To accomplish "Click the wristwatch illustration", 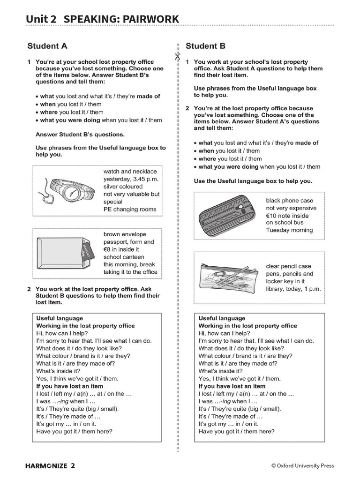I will pos(70,190).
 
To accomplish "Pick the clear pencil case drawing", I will pos(228,276).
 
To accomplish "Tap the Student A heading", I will pos(47,46).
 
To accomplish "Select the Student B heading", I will pos(205,46).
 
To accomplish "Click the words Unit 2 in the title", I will pos(41,19).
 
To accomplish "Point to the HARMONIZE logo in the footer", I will pos(49,465).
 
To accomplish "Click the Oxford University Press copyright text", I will pos(302,465).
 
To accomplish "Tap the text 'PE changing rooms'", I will pos(130,209).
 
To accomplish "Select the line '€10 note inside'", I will pos(287,216).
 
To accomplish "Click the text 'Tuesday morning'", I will pos(289,230).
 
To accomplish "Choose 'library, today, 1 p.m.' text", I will pos(293,289).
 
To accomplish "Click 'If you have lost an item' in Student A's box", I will pos(70,386).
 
